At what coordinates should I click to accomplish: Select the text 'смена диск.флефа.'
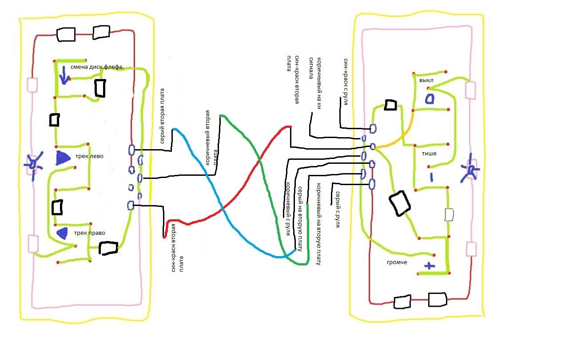tap(97, 67)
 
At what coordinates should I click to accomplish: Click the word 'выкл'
tap(426, 81)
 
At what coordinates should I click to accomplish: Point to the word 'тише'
tap(429, 154)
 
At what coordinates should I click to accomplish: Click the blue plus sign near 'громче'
tap(429, 266)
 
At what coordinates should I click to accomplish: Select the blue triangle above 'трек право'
tap(63, 232)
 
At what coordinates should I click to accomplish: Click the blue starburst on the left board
tap(33, 165)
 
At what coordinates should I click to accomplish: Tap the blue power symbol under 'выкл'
tap(430, 98)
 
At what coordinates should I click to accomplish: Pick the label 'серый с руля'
tap(338, 209)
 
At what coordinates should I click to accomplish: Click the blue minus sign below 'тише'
tap(431, 177)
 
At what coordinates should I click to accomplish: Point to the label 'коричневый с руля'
tap(287, 205)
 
